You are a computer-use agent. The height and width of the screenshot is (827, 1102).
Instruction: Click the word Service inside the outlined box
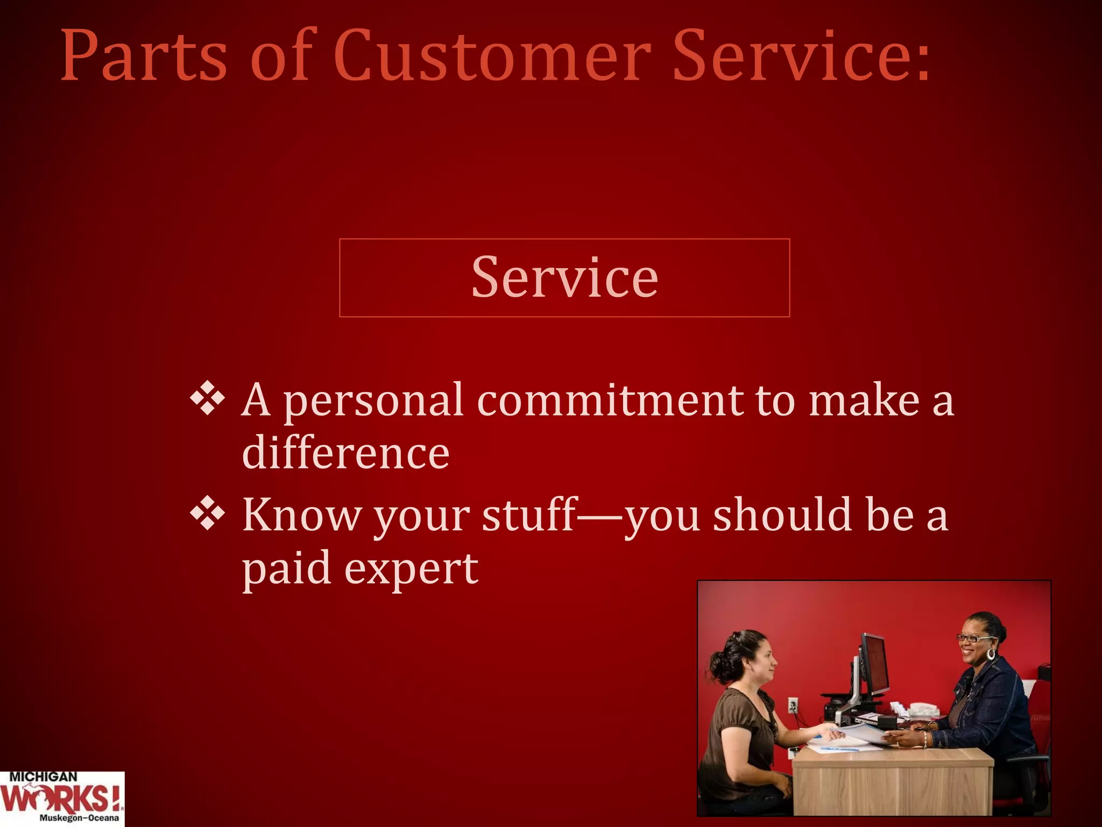pos(564,278)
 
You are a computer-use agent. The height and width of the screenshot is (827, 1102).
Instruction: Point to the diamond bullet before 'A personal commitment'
pos(208,400)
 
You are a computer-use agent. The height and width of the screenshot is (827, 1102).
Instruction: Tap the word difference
pos(345,453)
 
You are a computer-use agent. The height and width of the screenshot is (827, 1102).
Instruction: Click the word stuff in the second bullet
pos(529,515)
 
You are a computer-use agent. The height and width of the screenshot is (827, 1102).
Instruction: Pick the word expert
pos(411,569)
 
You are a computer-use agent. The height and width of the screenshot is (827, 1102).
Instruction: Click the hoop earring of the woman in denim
pos(991,654)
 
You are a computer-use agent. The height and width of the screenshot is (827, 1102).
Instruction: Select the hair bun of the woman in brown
pos(718,665)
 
